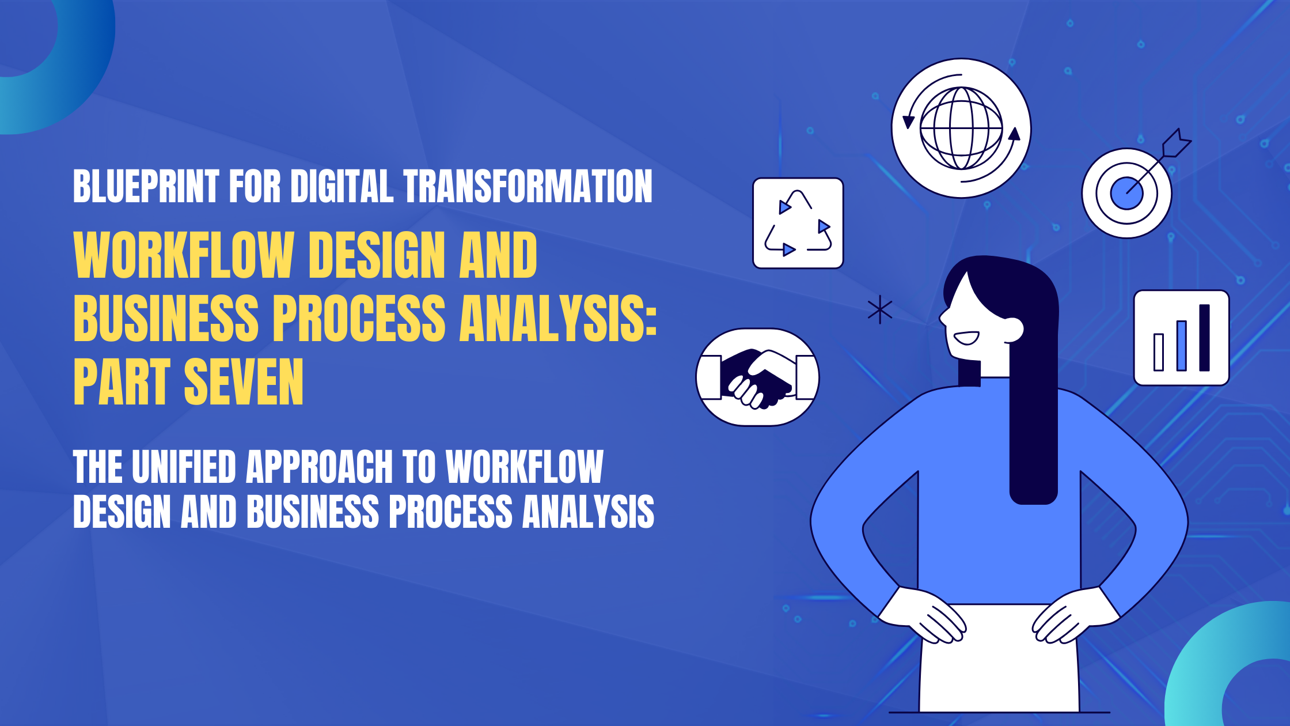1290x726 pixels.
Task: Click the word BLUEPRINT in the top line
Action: [x=146, y=186]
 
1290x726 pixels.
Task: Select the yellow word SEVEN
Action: [x=244, y=381]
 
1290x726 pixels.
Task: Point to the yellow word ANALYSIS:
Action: [x=558, y=317]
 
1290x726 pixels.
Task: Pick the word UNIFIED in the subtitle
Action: [x=184, y=467]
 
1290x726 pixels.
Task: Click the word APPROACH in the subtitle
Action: [x=320, y=467]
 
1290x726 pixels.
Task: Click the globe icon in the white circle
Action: [x=961, y=128]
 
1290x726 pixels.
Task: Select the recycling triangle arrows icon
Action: [x=798, y=223]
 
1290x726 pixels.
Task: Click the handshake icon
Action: [x=758, y=377]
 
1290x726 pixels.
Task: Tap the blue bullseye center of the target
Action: [x=1126, y=194]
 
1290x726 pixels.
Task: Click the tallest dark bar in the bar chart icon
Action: [x=1204, y=338]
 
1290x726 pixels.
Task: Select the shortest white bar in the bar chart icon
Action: [x=1159, y=352]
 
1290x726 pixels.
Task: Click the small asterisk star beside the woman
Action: [x=880, y=310]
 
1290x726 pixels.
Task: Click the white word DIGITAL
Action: [x=342, y=186]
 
